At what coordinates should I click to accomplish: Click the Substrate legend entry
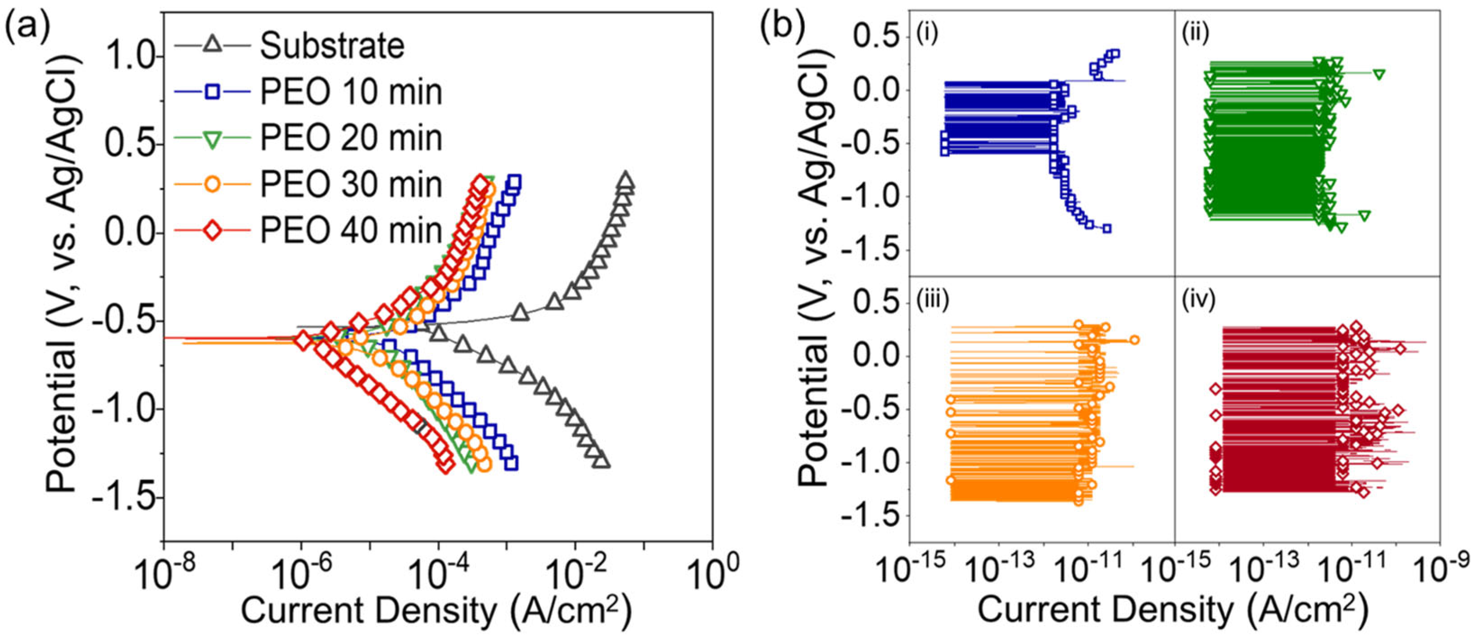click(332, 46)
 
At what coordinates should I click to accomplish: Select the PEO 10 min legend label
click(351, 92)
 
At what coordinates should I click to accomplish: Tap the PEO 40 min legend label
click(351, 232)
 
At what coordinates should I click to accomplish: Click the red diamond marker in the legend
click(212, 232)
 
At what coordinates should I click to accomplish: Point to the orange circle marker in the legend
click(212, 185)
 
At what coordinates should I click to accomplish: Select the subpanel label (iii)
click(932, 300)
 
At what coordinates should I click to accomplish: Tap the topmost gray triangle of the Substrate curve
click(626, 181)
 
